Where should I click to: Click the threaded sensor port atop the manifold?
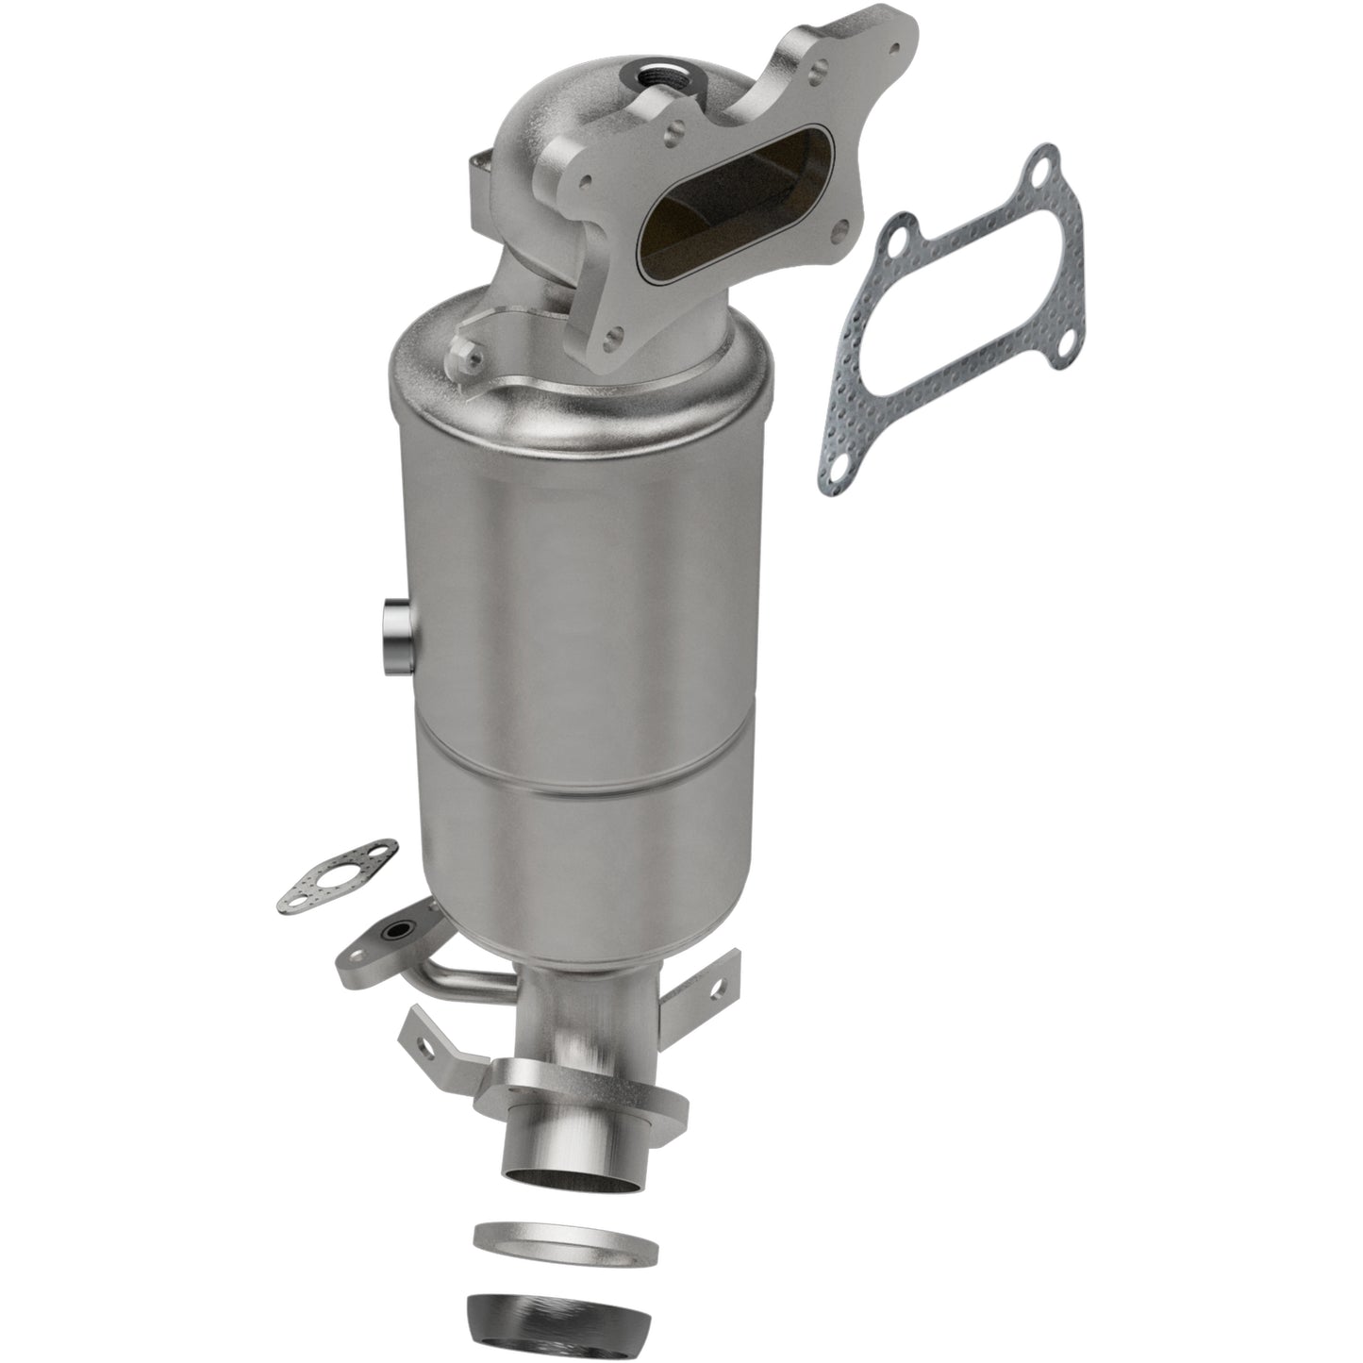(655, 70)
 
